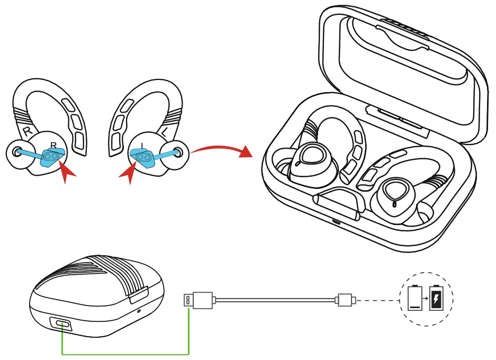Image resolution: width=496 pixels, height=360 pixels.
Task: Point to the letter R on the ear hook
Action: [x=25, y=130]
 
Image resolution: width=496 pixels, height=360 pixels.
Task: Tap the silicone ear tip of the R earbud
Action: [x=17, y=154]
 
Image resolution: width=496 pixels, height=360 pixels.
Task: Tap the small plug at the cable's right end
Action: [x=345, y=300]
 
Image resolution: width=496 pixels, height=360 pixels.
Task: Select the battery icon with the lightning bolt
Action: [x=436, y=300]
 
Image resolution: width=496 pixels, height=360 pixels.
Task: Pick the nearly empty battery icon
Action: [x=414, y=300]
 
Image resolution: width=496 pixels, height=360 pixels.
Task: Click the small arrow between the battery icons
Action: [x=426, y=300]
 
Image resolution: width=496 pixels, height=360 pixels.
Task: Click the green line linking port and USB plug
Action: [x=126, y=354]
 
